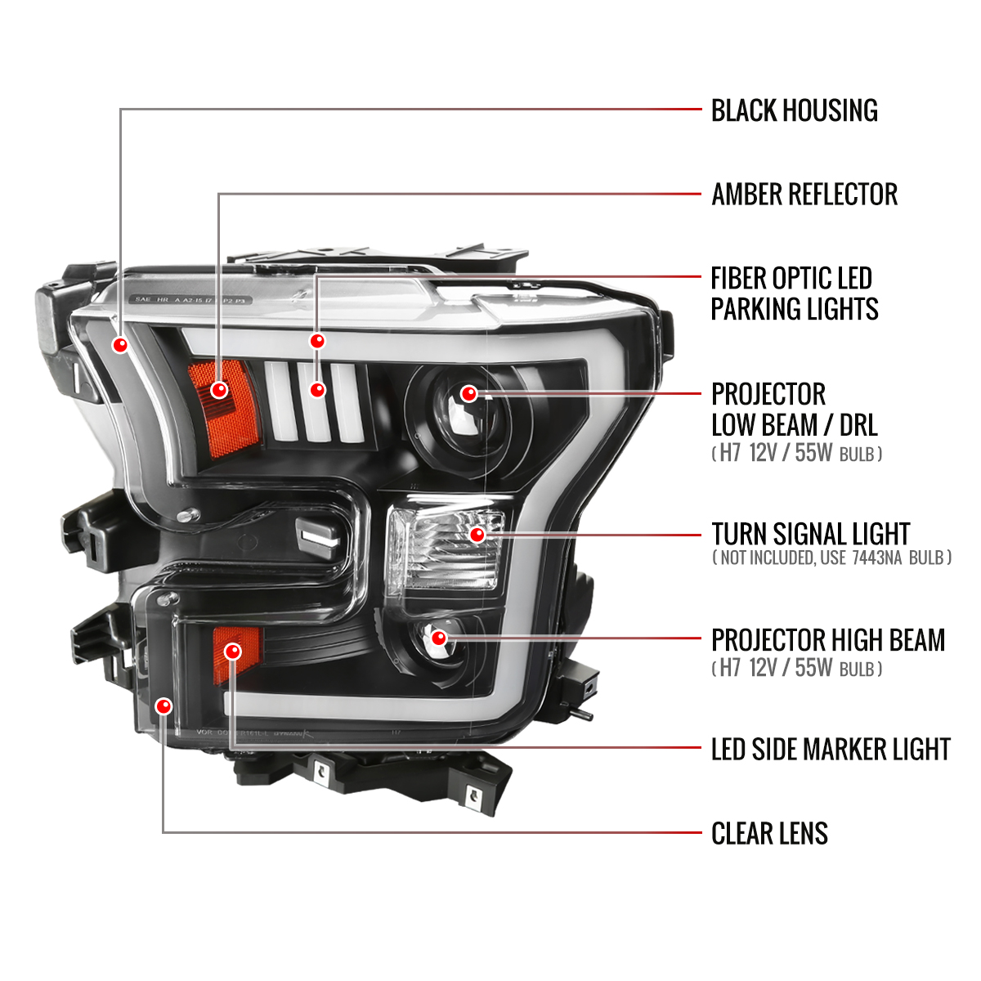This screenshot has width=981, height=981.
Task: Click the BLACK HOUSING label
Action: point(794,110)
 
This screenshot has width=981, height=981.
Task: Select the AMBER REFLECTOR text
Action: point(804,195)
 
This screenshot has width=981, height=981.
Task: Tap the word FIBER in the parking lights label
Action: point(739,279)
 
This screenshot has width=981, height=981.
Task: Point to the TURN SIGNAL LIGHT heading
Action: point(810,534)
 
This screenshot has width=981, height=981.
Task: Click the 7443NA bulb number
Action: point(877,558)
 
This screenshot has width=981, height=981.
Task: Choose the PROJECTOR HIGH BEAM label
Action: point(827,640)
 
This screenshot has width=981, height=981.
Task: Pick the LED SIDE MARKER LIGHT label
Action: point(831,749)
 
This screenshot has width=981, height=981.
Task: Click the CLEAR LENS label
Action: point(769,834)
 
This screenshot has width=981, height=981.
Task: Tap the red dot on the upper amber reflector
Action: point(218,390)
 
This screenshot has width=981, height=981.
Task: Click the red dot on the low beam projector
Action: point(468,394)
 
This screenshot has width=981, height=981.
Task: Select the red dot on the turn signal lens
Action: point(477,535)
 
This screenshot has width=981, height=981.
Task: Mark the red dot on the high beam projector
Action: point(439,638)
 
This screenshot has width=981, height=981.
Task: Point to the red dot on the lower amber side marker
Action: point(233,652)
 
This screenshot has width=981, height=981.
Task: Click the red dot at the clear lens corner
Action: point(164,706)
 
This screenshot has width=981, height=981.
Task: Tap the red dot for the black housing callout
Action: point(121,344)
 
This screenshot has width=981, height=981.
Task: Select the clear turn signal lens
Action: point(441,548)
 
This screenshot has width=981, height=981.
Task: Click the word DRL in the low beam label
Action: point(858,425)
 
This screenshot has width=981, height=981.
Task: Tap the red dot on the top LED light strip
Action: point(317,341)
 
